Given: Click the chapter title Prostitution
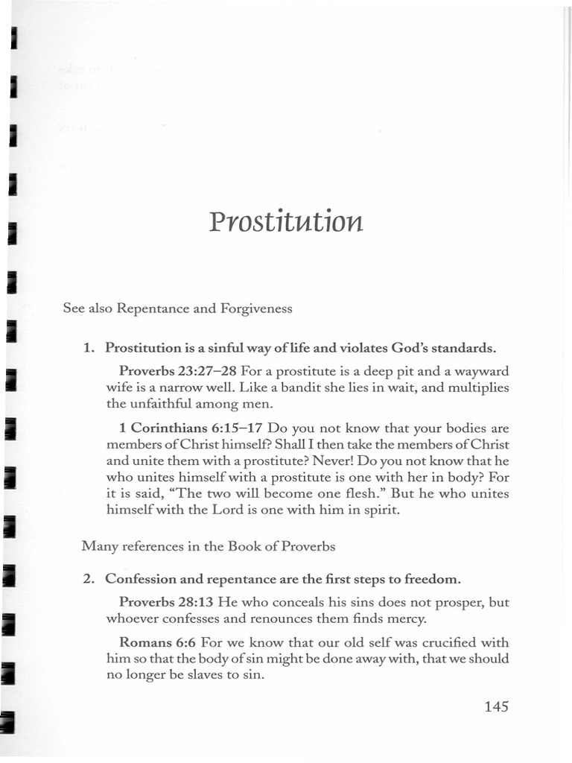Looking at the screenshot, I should click(x=286, y=221).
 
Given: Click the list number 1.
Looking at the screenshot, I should click(x=87, y=347).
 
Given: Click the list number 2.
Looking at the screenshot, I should click(x=87, y=579).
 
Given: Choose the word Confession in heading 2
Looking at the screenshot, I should click(x=140, y=579).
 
